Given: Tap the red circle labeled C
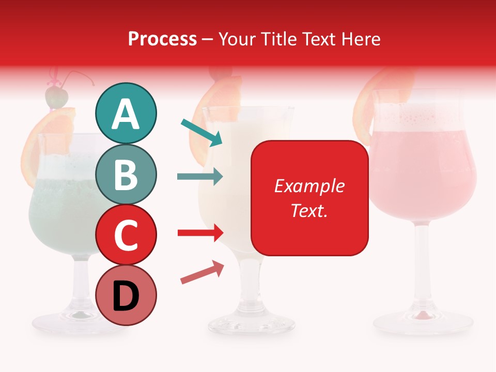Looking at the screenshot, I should click(x=126, y=235).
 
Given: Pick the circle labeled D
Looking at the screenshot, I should click(x=126, y=295).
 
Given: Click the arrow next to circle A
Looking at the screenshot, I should click(x=202, y=132).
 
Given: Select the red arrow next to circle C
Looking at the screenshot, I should click(x=200, y=233).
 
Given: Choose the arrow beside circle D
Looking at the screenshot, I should click(x=202, y=273).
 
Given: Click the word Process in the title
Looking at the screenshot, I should click(x=162, y=39).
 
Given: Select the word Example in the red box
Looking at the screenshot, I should click(x=309, y=186).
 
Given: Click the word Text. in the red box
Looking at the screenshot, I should click(x=309, y=210).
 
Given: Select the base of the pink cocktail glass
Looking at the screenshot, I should click(x=423, y=321).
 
